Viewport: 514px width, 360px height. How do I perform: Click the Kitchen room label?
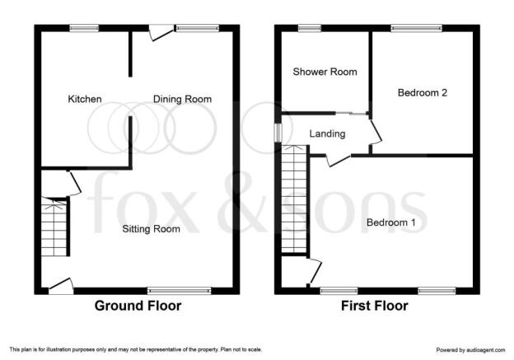85,99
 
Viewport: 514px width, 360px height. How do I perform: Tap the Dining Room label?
182,99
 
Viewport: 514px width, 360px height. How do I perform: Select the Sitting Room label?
151,229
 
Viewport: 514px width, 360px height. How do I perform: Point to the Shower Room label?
325,72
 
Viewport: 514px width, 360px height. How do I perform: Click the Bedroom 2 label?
423,93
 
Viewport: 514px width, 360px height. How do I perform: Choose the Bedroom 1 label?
391,222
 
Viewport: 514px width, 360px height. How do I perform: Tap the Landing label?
327,133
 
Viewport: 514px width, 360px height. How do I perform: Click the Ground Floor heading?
138,306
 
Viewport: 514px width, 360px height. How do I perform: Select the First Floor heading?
375,306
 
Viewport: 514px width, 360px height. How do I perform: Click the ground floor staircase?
54,227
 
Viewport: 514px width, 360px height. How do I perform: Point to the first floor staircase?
294,199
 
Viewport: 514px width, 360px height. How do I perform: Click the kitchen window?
84,29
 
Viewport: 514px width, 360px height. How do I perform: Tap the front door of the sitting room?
61,286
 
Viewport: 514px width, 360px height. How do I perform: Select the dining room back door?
161,33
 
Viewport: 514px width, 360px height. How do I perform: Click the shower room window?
310,29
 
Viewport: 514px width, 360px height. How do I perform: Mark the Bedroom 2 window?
417,29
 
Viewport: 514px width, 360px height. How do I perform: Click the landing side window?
278,133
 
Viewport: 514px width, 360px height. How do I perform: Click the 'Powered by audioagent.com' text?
470,350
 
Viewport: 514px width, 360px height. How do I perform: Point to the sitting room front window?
180,291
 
